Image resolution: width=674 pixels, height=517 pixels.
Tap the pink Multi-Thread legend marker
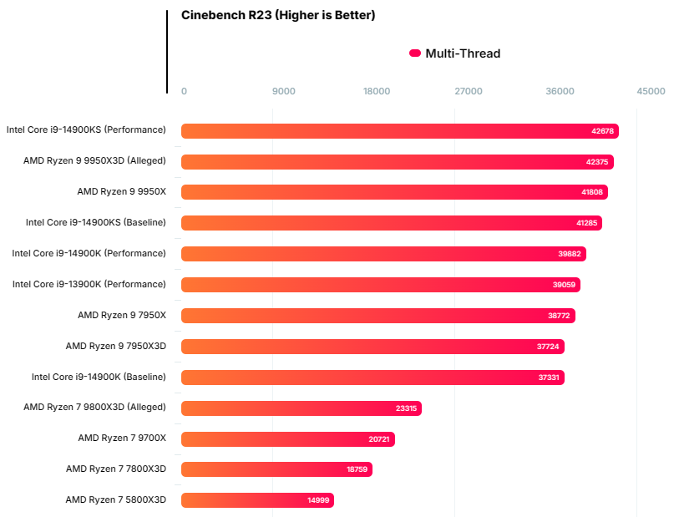point(415,53)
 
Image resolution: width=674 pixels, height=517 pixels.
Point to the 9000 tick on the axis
point(284,91)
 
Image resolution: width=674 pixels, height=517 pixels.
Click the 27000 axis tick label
point(468,91)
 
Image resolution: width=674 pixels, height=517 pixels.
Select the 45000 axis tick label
point(651,91)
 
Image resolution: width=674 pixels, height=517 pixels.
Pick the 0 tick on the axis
point(184,91)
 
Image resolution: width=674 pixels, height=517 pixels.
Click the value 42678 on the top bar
point(602,131)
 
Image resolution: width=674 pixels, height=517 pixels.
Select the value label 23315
point(406,408)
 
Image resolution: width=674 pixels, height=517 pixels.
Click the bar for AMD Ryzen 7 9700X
point(287,439)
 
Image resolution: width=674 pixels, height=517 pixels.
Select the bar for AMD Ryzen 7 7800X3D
point(276,469)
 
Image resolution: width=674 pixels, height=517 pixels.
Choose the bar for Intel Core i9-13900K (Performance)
point(380,285)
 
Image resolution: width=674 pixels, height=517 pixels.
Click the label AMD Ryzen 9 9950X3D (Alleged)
point(94,160)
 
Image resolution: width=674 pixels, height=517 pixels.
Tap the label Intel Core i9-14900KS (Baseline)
point(96,222)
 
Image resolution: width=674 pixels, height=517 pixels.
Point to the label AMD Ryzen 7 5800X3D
point(116,499)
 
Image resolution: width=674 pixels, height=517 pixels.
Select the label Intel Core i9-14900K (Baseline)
point(99,377)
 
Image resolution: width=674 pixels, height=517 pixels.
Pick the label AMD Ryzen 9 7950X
point(122,315)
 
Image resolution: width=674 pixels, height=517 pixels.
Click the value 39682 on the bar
point(570,254)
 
